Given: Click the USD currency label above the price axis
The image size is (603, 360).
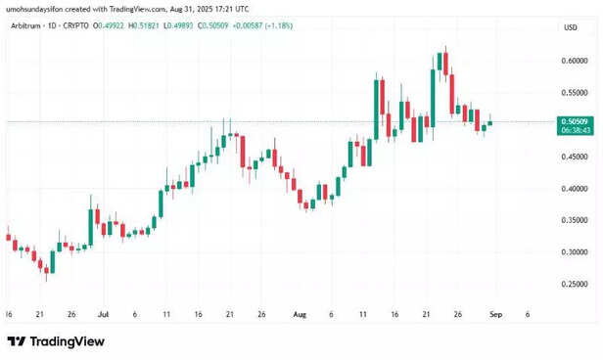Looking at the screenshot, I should pos(569,27).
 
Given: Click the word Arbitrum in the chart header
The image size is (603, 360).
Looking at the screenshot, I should pos(28,27).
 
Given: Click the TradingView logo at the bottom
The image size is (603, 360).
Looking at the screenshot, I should pos(48,341).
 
